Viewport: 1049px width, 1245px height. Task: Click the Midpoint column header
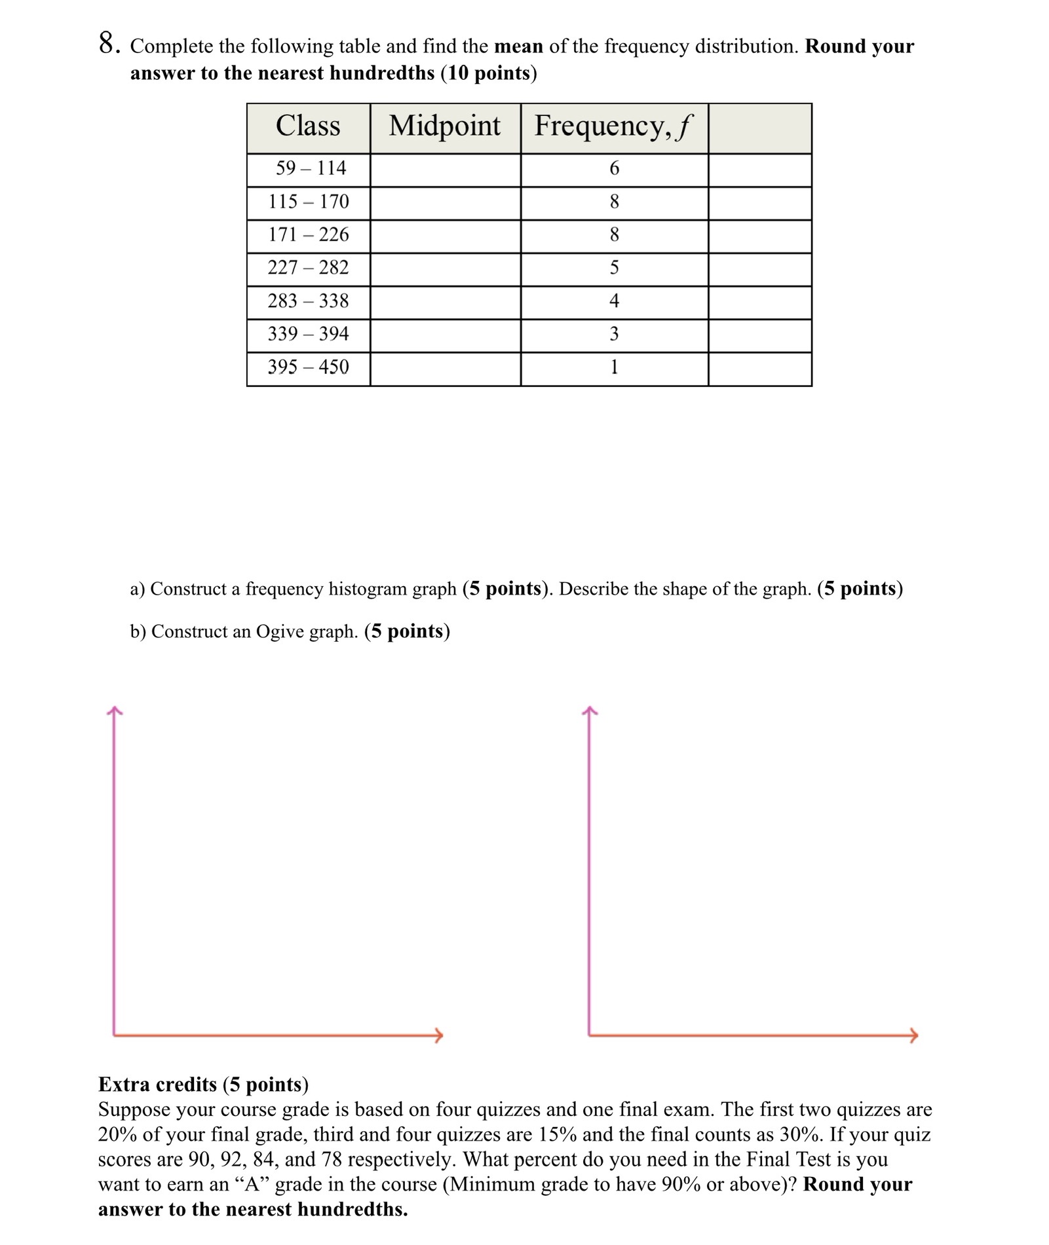(444, 126)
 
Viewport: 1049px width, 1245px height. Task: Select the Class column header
(308, 126)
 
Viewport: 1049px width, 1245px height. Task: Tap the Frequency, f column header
(613, 126)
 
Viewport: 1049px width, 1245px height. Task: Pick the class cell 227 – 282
(308, 268)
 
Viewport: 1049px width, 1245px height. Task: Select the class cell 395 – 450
(308, 367)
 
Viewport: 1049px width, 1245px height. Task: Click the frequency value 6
(614, 169)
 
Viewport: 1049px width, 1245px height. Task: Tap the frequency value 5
(614, 268)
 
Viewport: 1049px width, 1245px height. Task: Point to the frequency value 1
(614, 367)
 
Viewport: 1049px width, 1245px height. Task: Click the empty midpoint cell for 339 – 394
(445, 335)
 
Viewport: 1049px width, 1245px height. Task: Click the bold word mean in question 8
(518, 46)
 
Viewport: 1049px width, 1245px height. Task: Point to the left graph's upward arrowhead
(115, 710)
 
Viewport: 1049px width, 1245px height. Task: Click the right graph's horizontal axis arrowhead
(914, 1035)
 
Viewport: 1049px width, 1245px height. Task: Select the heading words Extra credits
(157, 1085)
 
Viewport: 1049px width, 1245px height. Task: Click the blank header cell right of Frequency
(759, 128)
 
